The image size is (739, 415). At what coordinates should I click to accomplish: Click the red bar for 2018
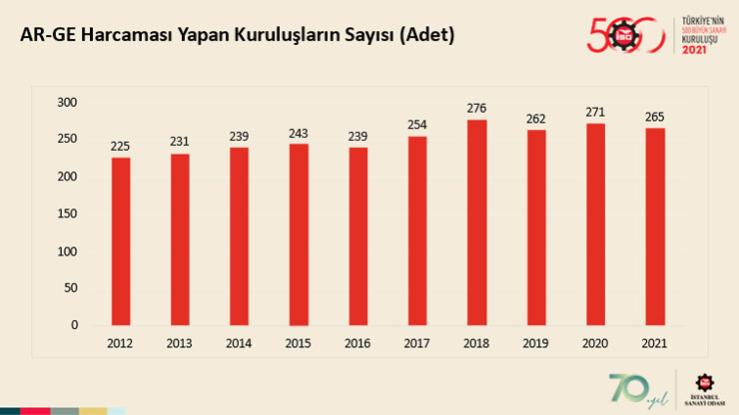476,222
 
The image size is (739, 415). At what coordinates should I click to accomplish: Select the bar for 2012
120,241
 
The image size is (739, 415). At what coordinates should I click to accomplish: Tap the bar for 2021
655,226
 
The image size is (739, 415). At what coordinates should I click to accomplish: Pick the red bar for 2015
299,234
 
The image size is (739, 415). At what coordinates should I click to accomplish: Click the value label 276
476,108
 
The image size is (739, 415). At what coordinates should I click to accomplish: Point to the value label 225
120,146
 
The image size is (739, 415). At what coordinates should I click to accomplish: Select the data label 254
417,125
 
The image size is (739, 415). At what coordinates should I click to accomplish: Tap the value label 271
595,112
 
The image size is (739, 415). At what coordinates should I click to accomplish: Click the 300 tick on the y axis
68,103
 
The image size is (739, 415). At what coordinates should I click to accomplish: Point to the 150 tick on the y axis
68,213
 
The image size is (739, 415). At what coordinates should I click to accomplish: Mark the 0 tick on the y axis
74,324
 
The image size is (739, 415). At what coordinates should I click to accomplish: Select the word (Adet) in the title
425,35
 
